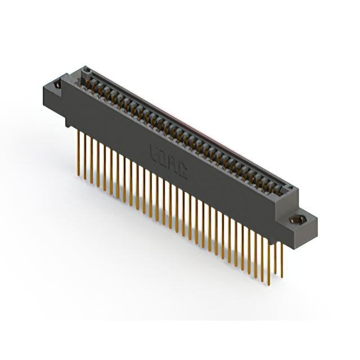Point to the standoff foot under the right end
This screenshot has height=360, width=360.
[x=294, y=242]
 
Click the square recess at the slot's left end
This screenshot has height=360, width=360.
[x=87, y=71]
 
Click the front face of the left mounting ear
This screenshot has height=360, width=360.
[x=53, y=100]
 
